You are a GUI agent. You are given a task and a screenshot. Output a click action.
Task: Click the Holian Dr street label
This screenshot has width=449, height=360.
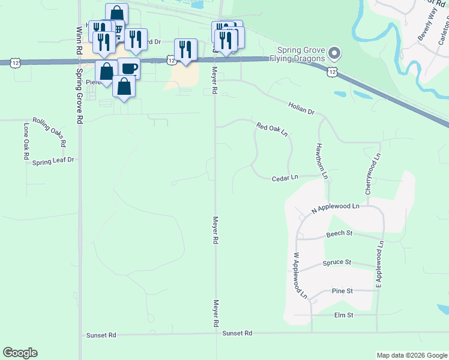coord(301,109)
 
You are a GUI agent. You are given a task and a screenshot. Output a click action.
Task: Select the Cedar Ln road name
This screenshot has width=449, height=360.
coord(285,178)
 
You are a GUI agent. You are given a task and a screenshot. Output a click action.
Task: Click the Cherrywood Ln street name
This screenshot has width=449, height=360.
coord(373,173)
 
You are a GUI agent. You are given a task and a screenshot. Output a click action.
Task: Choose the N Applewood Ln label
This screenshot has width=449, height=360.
coord(335,208)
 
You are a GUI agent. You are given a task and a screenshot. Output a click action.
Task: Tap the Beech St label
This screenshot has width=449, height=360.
coord(339,233)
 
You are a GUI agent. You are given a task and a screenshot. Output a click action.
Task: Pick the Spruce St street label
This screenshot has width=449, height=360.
coord(337,263)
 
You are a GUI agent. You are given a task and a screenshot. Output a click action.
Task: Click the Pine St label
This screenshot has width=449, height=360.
coord(342,291)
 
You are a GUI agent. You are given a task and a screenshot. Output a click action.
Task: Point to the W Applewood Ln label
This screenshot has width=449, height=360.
coord(300,275)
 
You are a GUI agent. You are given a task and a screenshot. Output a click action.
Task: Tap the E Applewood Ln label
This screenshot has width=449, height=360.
coord(380,263)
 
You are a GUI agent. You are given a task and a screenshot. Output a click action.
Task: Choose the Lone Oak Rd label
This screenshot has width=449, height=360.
coord(26,141)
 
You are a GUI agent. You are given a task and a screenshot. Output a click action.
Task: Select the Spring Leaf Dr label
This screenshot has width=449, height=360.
coord(53,161)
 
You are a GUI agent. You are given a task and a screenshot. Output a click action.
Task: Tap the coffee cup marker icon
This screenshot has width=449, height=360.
coord(129,68)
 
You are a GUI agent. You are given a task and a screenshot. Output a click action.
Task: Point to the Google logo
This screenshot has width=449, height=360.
coord(20,353)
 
